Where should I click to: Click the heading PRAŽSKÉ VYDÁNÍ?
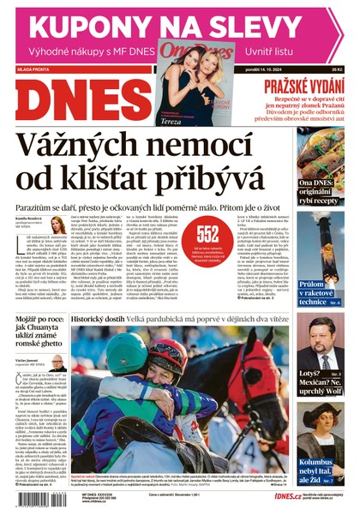(308, 87)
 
